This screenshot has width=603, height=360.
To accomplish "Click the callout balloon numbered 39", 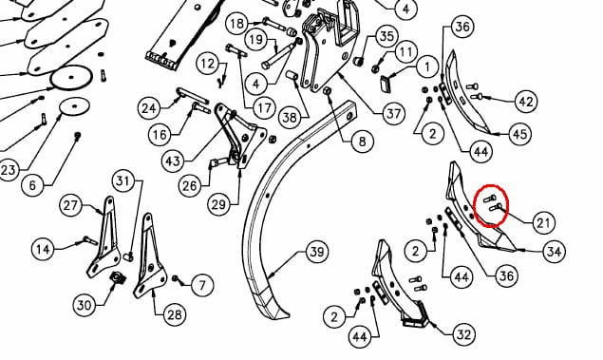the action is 317,252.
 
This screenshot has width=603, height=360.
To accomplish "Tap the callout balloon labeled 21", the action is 543,222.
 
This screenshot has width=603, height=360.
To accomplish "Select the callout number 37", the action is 393,113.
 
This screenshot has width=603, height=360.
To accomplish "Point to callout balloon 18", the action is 236,24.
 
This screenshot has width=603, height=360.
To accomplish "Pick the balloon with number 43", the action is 173,160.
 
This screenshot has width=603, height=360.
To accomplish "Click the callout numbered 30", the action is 85,305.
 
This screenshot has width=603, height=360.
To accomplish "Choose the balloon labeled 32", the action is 463,334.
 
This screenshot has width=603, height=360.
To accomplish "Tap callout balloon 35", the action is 386,36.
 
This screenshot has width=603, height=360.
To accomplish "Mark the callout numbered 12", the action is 208,63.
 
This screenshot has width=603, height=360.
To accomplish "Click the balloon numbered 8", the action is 362,142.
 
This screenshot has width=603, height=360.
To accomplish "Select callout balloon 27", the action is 70,205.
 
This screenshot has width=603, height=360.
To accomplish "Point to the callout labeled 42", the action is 526,102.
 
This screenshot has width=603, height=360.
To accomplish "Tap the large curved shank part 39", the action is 269,231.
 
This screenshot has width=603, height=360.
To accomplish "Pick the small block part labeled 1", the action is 386,85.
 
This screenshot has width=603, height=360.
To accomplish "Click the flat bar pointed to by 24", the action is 192,96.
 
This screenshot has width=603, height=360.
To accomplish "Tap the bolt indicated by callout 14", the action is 90,240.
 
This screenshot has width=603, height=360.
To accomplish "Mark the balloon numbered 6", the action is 32,185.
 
